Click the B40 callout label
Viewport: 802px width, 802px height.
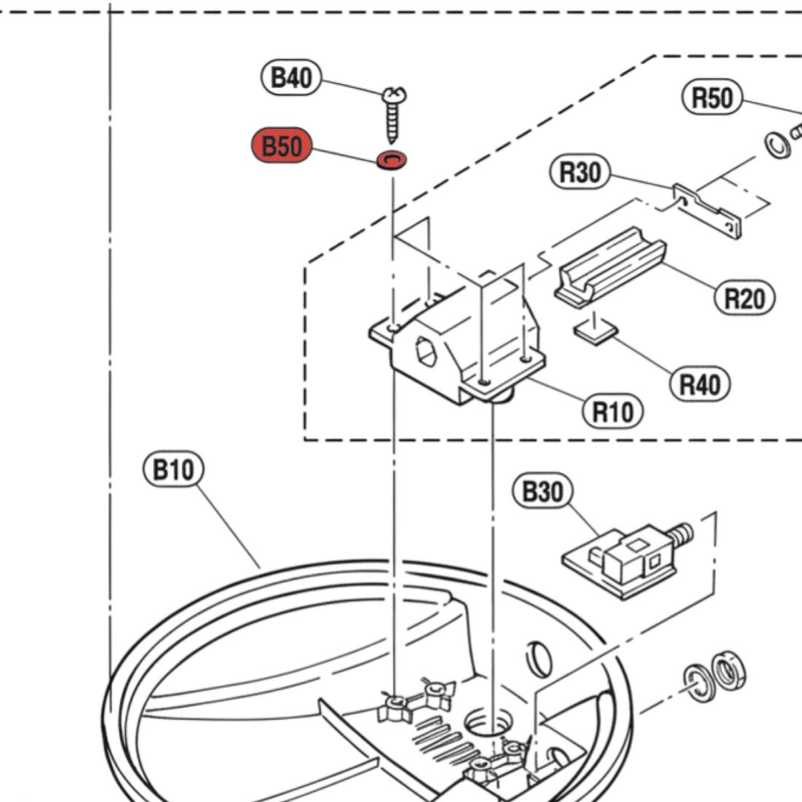(291, 77)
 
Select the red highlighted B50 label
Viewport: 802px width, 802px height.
(281, 147)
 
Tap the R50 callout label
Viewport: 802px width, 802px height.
(711, 98)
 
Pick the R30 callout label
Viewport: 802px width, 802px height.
(580, 173)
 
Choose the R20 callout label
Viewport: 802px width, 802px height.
(744, 297)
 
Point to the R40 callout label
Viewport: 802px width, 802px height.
(699, 384)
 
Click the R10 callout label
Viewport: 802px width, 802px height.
(612, 412)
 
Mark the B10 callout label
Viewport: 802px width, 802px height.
(173, 470)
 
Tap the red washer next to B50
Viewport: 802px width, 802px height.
(392, 159)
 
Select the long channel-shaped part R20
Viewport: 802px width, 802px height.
(611, 266)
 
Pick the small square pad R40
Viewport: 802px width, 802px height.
(595, 332)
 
